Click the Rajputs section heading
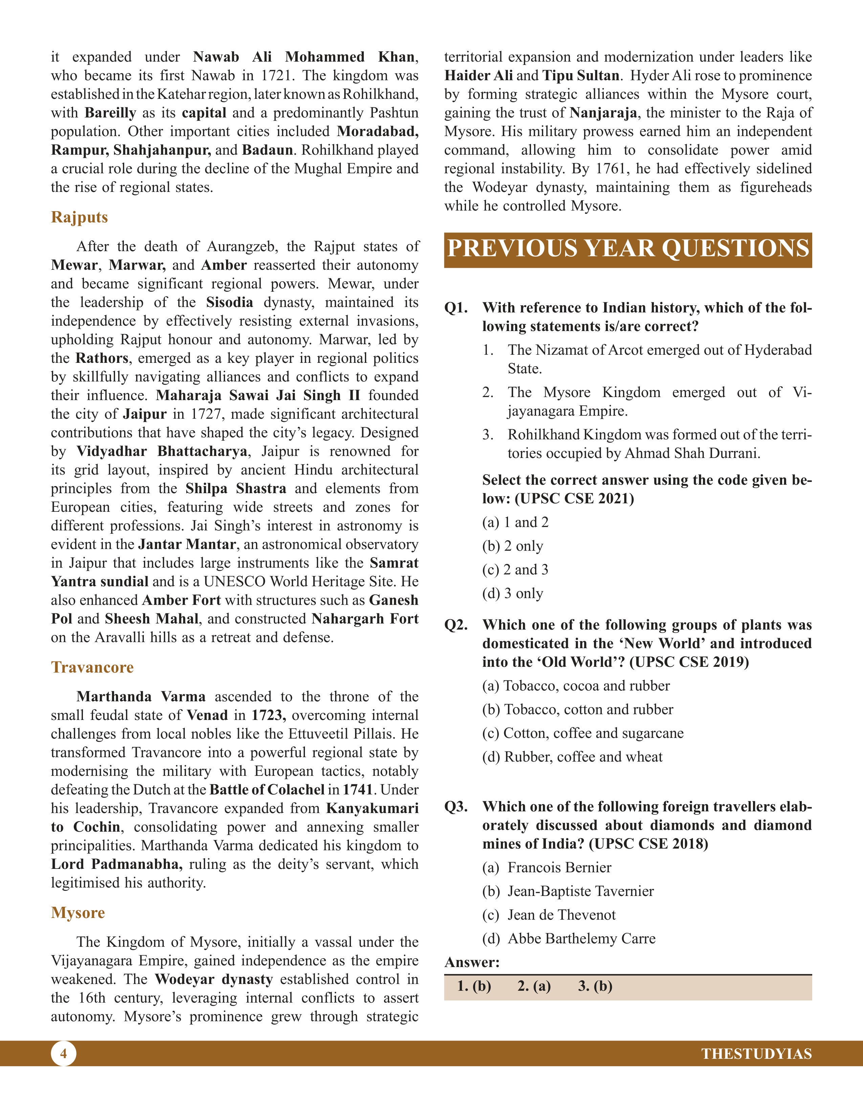point(79,217)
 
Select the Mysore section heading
point(78,913)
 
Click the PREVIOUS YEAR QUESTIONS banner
point(628,249)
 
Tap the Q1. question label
point(456,308)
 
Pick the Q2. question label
point(456,625)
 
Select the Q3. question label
point(456,807)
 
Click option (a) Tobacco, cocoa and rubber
point(576,685)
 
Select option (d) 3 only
point(512,593)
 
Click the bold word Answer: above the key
point(471,963)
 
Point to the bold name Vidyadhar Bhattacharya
point(161,451)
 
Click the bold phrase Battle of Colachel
point(267,790)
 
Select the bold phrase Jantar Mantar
point(187,544)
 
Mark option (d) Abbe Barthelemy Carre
point(569,939)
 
